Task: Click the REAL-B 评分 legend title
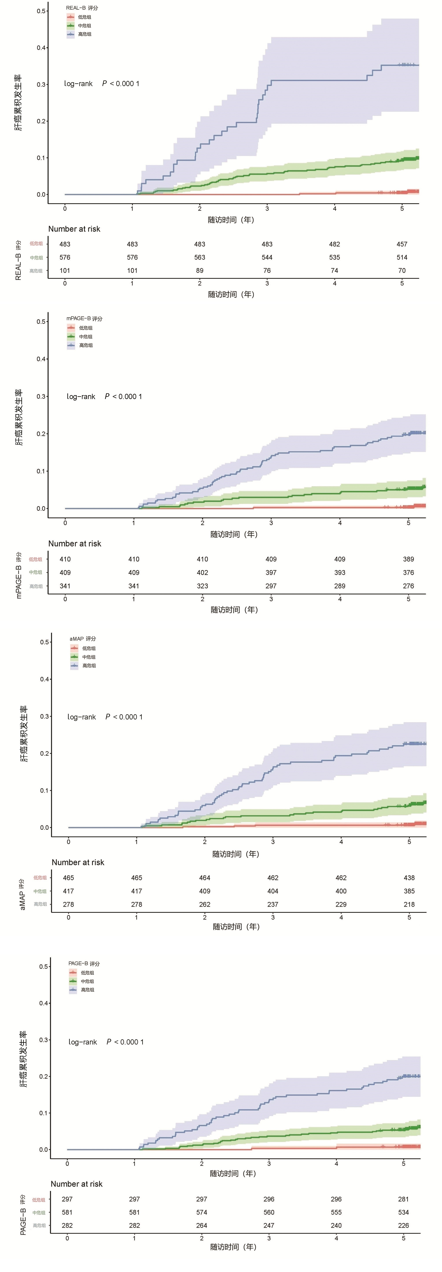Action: tap(82, 8)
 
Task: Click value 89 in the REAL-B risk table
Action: tap(199, 271)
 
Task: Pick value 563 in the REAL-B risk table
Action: tap(199, 257)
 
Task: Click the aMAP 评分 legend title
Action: tap(83, 638)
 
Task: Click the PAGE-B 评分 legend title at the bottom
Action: tap(84, 963)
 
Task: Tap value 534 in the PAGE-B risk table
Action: tap(403, 1212)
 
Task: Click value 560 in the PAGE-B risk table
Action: tap(269, 1212)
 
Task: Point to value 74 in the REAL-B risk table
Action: tap(334, 271)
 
